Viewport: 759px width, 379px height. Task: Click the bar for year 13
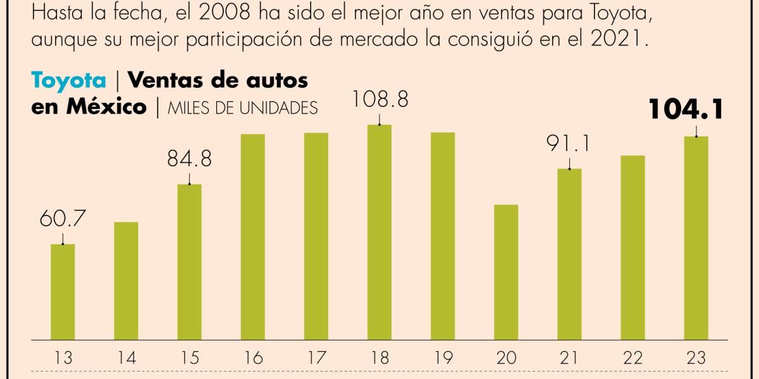[x=63, y=291]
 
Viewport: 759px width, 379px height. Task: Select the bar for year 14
[x=126, y=280]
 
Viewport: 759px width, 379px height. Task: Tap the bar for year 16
[x=252, y=236]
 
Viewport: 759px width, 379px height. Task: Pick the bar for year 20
[x=505, y=272]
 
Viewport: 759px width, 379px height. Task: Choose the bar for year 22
[x=632, y=247]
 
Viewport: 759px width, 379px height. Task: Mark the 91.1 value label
[x=569, y=144]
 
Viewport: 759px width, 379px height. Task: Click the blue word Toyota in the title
[x=69, y=81]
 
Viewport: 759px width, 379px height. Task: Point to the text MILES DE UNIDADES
[x=242, y=108]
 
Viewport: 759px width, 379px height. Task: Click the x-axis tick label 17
[x=316, y=358]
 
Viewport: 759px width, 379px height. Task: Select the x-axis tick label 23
[x=695, y=358]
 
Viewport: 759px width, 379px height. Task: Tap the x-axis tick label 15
[x=189, y=358]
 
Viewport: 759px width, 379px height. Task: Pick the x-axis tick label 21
[x=569, y=358]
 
